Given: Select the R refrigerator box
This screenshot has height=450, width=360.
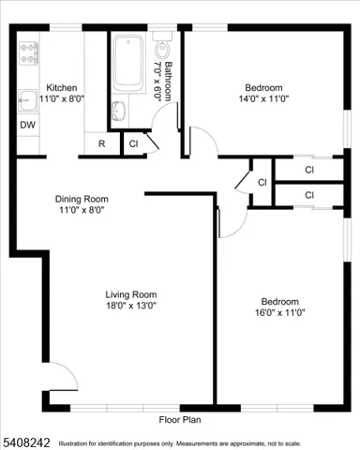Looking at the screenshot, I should (101, 144).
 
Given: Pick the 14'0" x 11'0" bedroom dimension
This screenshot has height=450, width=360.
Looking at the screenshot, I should (264, 95).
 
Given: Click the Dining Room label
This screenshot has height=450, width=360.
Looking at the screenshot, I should (82, 199).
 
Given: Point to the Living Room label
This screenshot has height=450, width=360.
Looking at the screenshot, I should (130, 293).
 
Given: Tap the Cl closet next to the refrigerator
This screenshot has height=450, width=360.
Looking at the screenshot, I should (133, 144).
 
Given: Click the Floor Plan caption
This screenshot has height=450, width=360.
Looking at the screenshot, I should (180, 419).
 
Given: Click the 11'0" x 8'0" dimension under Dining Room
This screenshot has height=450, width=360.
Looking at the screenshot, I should (82, 210).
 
